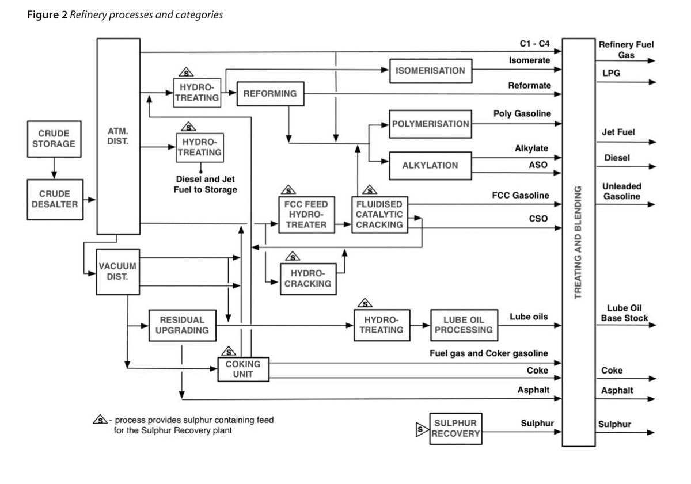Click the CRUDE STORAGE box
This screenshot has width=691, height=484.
pos(54,139)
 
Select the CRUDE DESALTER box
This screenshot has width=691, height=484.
pos(55,200)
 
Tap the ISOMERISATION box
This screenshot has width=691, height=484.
pos(431,71)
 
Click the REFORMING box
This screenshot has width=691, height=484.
pos(271,94)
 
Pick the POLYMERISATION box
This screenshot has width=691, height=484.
pos(431,124)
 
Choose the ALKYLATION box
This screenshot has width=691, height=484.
pos(431,166)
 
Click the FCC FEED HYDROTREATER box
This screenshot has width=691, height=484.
pos(306,215)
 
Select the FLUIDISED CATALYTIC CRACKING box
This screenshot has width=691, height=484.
pos(379,215)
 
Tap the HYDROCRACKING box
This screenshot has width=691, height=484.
pos(308,279)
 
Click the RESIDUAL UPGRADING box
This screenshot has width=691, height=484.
pos(183,325)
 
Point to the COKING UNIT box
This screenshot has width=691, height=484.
pos(244,369)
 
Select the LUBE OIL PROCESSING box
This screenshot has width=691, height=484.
pos(464,325)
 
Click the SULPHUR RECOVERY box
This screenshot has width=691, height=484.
pos(455,429)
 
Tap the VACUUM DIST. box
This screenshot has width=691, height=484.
pos(118,272)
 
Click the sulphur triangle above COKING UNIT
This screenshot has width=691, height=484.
pos(229,351)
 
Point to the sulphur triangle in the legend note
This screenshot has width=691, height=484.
pos(100,420)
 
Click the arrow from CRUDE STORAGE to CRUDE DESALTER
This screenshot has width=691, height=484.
pos(54,168)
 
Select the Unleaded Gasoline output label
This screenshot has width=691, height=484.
pos(621,191)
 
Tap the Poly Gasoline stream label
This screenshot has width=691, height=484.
pos(522,114)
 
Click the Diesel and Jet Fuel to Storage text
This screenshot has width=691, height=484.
pos(206,184)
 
